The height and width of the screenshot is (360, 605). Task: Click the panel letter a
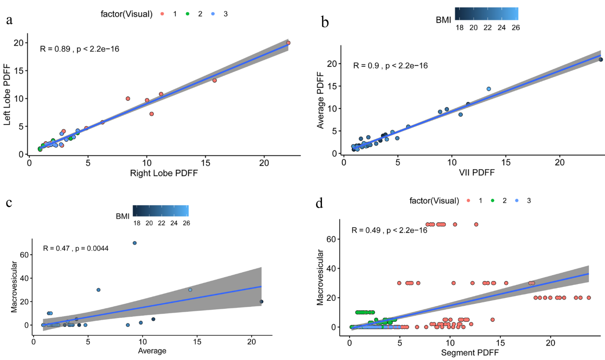[9, 20]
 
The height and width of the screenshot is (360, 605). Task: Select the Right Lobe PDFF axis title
[164, 173]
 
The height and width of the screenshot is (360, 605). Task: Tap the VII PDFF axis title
[477, 172]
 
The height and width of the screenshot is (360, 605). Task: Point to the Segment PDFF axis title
[469, 353]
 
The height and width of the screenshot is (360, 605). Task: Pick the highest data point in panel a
[288, 43]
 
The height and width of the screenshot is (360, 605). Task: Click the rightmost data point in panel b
[601, 60]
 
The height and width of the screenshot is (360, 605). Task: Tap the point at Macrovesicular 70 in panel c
[135, 243]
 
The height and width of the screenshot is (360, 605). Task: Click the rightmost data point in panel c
[262, 302]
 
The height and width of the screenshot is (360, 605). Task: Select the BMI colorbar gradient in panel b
[487, 14]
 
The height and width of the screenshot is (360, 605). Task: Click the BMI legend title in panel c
[123, 217]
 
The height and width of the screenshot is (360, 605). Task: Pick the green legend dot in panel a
[188, 14]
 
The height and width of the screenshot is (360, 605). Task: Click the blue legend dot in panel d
[517, 201]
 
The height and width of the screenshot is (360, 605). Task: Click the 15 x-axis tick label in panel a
[205, 162]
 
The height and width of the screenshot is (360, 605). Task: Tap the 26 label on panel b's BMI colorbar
[516, 28]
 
